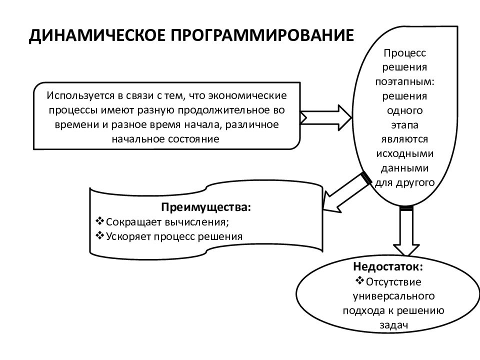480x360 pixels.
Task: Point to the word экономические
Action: pos(247,95)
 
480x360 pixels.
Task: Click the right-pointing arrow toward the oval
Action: pos(326,118)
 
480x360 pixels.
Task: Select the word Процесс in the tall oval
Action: pos(404,53)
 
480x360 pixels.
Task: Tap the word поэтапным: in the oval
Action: pos(405,82)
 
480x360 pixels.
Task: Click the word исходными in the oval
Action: pos(404,153)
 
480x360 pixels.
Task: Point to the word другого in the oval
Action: pos(415,183)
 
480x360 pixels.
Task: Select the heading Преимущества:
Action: pos(206,207)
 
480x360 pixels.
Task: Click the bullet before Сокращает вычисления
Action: pos(100,220)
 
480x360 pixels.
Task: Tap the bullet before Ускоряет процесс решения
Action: pos(100,235)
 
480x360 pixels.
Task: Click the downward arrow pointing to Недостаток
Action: pos(406,231)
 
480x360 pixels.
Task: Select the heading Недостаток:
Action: pos(388,266)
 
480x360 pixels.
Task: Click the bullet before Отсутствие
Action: pos(359,280)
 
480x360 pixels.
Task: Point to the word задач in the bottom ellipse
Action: pos(393,325)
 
